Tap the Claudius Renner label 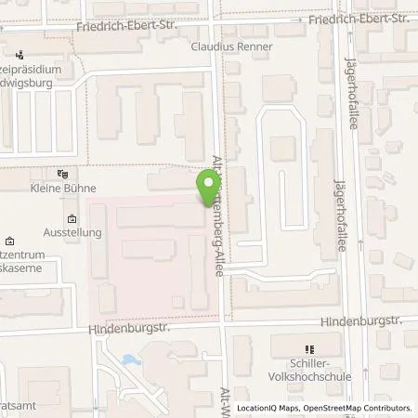pyautogui.click(x=231, y=46)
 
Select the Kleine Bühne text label pyautogui.click(x=62, y=188)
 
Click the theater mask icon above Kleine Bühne pyautogui.click(x=62, y=173)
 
